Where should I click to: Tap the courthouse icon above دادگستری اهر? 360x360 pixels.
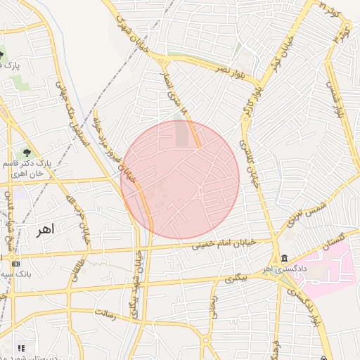pos(283,259)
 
